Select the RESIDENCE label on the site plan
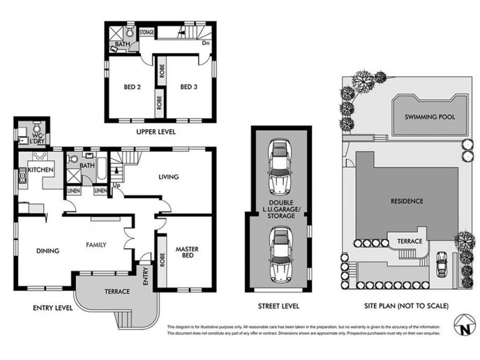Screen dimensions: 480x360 click(407, 201)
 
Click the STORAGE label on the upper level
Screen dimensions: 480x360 click(147, 32)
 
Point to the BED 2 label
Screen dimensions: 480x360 click(132, 87)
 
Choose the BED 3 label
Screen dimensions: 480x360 click(189, 87)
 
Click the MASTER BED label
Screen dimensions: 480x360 click(187, 252)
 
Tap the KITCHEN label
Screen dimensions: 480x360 click(41, 170)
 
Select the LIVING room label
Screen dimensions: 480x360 click(168, 177)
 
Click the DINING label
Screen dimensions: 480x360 click(48, 251)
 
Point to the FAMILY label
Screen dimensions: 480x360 click(96, 245)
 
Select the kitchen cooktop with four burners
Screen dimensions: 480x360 click(39, 156)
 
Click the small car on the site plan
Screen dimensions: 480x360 click(441, 264)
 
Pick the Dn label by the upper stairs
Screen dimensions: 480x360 click(206, 43)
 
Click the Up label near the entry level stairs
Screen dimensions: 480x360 click(117, 185)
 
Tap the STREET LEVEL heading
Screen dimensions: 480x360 click(278, 306)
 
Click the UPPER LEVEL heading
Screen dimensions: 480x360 click(156, 132)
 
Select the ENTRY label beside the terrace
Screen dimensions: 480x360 click(145, 276)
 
